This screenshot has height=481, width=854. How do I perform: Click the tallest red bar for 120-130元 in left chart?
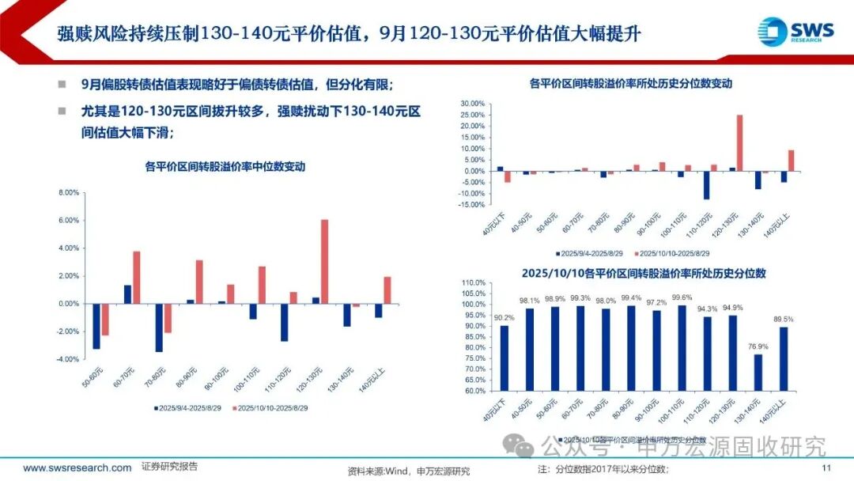(325, 261)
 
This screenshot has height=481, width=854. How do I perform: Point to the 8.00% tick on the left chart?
(69, 193)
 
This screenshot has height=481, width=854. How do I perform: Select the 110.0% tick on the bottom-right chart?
(473, 282)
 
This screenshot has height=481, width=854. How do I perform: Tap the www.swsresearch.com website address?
(77, 468)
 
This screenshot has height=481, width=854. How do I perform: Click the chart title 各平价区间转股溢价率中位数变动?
(225, 167)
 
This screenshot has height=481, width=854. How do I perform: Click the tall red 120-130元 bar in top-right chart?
(739, 143)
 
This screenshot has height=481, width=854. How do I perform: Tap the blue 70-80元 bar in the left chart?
(159, 328)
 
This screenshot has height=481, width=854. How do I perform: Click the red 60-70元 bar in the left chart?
(136, 277)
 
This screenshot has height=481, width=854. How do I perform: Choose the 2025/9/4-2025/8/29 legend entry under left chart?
(187, 407)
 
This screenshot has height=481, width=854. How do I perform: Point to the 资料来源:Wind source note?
(408, 471)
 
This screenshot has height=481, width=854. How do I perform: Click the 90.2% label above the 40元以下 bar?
(504, 317)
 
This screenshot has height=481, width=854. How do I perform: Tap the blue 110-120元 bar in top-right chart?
(706, 185)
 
